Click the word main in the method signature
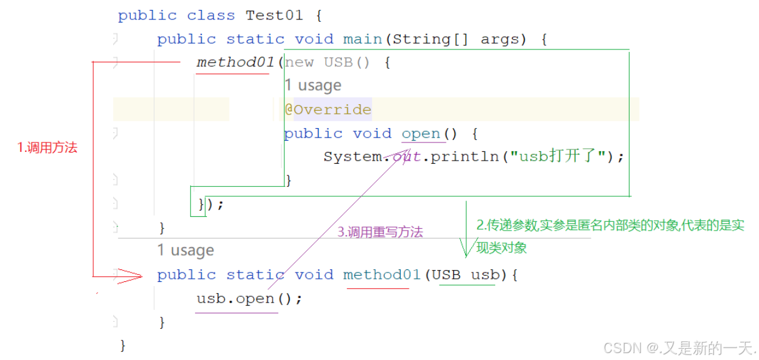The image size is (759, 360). [362, 39]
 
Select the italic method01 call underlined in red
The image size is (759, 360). [236, 62]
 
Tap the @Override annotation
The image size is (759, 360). [328, 109]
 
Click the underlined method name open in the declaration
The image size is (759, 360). [421, 133]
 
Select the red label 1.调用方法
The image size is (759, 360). [47, 148]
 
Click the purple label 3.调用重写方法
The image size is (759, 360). [380, 232]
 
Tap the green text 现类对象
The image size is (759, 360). [501, 247]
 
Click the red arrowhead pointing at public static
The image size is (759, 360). [130, 275]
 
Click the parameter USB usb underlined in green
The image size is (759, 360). [466, 275]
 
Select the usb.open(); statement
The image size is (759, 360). [249, 299]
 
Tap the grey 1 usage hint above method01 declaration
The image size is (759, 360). [186, 251]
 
